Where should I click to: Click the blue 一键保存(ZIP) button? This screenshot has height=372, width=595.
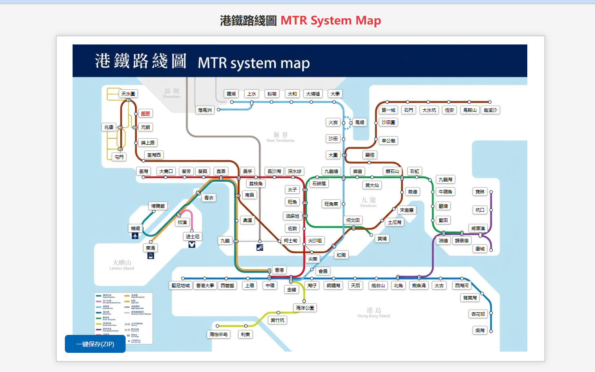(95, 344)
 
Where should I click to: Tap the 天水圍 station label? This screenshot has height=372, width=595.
(128, 94)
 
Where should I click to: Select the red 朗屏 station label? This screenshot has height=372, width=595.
(146, 113)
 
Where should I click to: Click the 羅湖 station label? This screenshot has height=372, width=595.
(231, 94)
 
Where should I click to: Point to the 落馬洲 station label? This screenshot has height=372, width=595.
(205, 110)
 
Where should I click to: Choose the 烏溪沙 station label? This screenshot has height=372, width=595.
(490, 110)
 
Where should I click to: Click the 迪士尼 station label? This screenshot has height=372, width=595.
(192, 237)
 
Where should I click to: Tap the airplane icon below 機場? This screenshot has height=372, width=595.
(135, 236)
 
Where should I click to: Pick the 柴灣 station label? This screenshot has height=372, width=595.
(480, 330)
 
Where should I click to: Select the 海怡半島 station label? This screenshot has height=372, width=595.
(219, 334)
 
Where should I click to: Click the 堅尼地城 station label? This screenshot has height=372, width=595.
(181, 286)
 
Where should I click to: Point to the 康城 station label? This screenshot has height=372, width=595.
(480, 249)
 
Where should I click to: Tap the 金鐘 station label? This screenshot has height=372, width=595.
(292, 290)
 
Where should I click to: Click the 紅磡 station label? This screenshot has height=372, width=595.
(341, 255)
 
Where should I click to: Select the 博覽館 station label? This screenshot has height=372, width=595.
(158, 206)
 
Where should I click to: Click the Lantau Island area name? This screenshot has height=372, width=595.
(122, 265)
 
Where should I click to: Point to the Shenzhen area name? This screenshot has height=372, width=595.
(172, 93)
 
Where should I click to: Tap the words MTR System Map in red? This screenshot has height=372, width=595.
(331, 20)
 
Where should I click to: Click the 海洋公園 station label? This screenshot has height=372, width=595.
(305, 308)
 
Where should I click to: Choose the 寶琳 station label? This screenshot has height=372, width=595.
(480, 192)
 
